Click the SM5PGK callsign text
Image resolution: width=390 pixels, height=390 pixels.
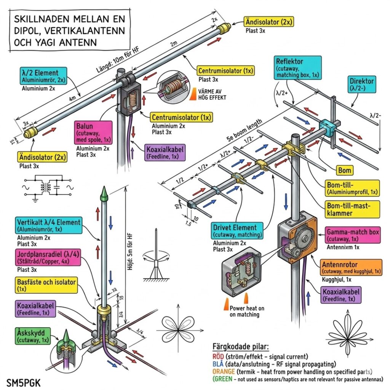24,381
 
